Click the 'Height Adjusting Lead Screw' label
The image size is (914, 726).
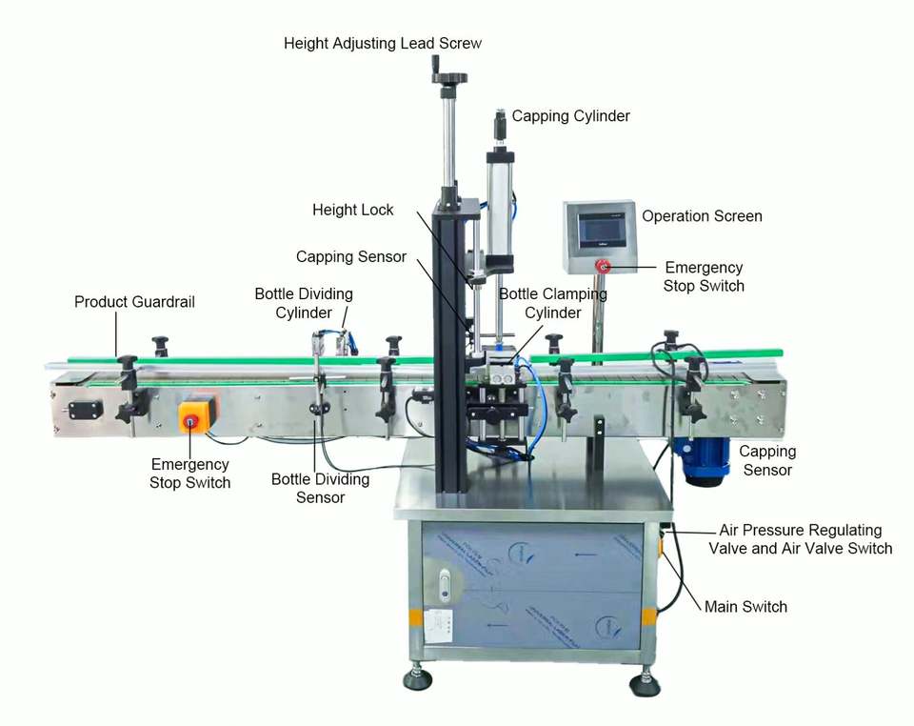(x=383, y=43)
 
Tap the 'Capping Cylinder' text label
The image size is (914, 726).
(x=570, y=116)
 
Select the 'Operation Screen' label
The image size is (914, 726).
(x=702, y=216)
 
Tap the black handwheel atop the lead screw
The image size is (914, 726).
(x=448, y=76)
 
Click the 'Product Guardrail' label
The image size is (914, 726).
(x=134, y=302)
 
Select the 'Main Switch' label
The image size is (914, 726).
(x=745, y=606)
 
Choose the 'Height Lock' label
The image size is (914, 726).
(x=352, y=210)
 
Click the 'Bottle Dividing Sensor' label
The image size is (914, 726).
(x=320, y=488)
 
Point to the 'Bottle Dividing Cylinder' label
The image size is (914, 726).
(x=304, y=303)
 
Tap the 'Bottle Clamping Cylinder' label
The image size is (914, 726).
(x=553, y=303)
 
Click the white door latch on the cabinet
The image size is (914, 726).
(x=444, y=582)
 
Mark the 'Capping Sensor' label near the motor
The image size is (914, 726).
(x=767, y=460)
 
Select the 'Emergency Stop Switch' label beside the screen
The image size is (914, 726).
(x=704, y=276)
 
